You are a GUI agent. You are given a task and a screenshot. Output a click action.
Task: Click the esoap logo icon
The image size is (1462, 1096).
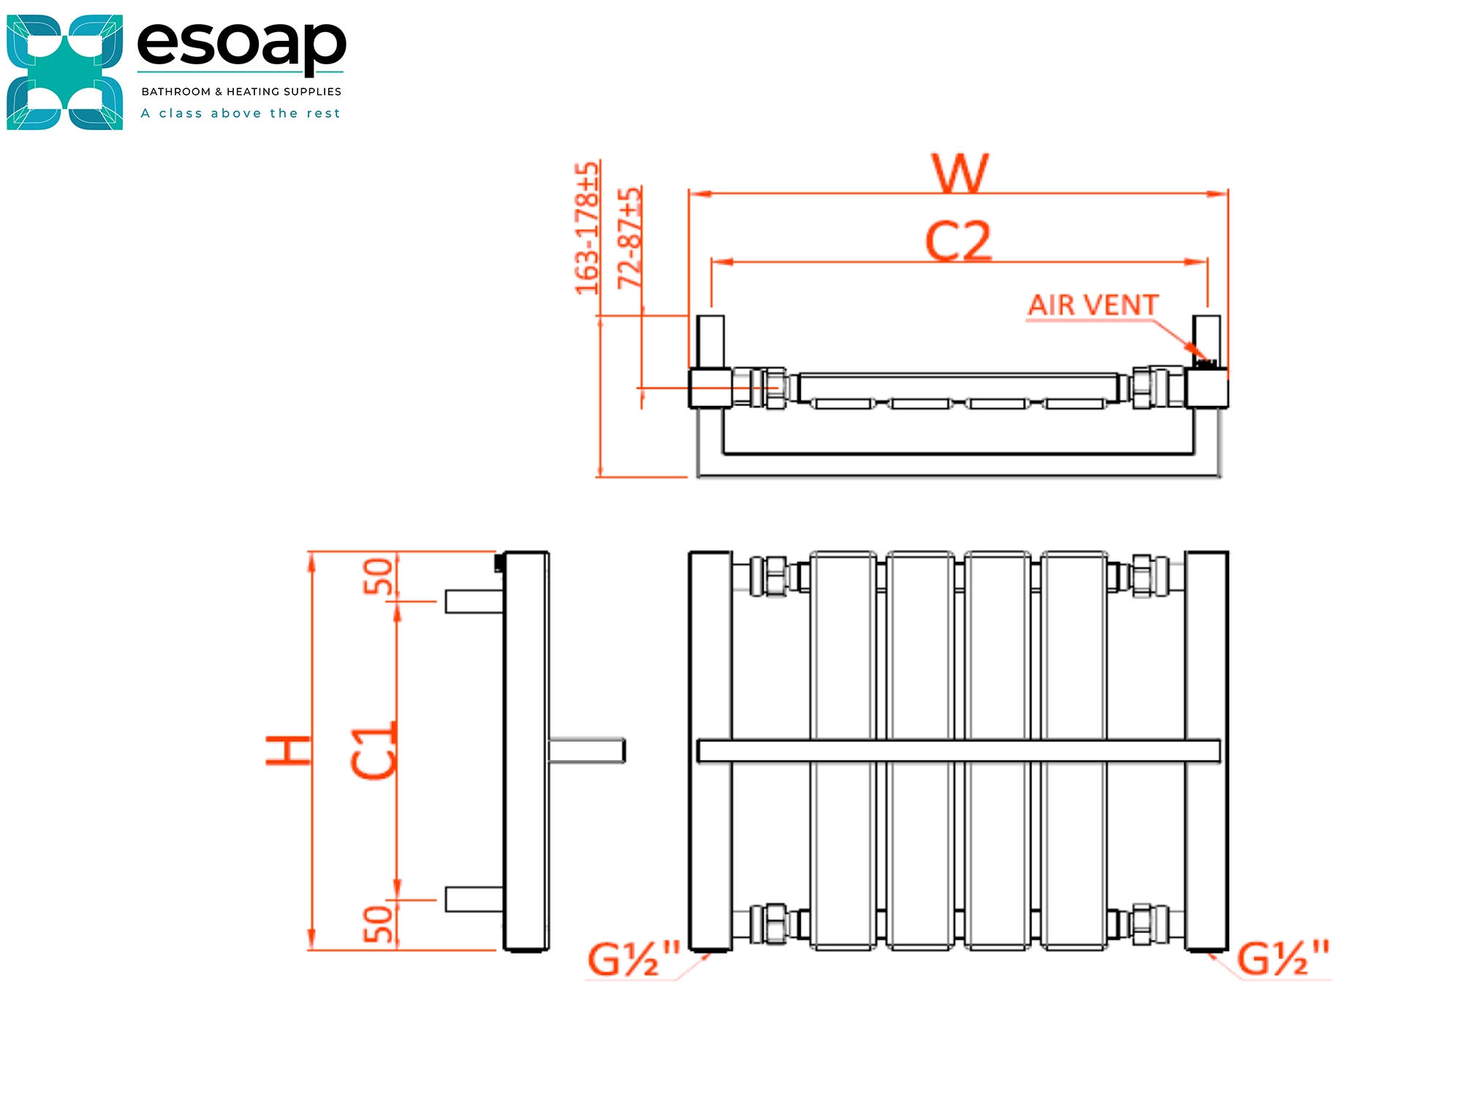coord(64,72)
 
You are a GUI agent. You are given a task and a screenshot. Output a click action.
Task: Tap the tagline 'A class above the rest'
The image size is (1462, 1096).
coord(240,113)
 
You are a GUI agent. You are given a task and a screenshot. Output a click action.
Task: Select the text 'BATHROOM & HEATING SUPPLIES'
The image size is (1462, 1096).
coord(241,91)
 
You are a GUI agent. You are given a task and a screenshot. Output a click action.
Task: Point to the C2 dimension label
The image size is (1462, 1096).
coord(958,241)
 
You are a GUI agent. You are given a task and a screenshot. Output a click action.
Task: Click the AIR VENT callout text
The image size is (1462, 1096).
coord(1093,305)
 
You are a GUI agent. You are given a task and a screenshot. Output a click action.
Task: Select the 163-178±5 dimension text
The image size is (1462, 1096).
coord(587,228)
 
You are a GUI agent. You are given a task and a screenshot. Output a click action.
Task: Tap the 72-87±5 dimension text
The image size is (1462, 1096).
coord(629,237)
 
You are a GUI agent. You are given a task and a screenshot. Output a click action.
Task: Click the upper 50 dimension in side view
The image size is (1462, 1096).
coord(379,576)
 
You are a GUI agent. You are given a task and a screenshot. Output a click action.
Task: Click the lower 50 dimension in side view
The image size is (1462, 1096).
coord(379,924)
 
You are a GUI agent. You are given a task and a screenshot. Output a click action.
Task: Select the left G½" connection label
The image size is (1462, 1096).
coord(634,960)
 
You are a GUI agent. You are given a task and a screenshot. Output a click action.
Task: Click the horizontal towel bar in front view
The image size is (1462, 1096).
coord(958,750)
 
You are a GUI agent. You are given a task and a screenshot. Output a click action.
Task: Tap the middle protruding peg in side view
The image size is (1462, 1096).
coord(587,750)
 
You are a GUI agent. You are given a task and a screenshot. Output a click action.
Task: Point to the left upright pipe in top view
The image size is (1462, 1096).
coord(710,341)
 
